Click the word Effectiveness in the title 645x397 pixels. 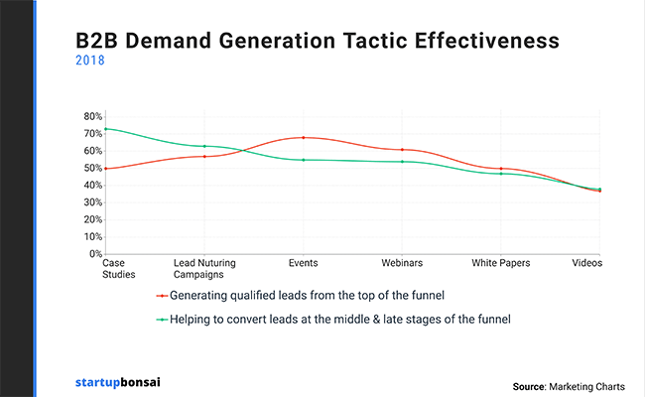[x=486, y=41]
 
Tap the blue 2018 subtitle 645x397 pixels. [x=90, y=61]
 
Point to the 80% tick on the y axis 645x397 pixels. [x=93, y=116]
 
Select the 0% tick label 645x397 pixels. [x=96, y=254]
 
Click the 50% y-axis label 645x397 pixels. [x=93, y=168]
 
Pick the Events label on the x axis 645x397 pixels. [x=304, y=263]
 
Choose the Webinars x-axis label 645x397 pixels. [x=402, y=263]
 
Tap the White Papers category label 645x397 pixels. [x=500, y=263]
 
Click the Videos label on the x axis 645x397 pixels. [x=587, y=263]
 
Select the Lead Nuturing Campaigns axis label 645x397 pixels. [x=204, y=269]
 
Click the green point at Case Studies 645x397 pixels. [x=106, y=129]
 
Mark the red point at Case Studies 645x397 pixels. [x=106, y=169]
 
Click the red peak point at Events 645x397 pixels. [x=304, y=137]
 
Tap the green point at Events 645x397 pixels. [x=304, y=160]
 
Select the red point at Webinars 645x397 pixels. [x=402, y=150]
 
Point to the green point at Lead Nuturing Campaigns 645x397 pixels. [x=204, y=146]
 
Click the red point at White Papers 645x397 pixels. [x=501, y=169]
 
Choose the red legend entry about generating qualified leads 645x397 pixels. [x=301, y=296]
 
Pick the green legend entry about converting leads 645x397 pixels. [x=333, y=320]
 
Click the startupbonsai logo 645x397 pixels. [x=118, y=382]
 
